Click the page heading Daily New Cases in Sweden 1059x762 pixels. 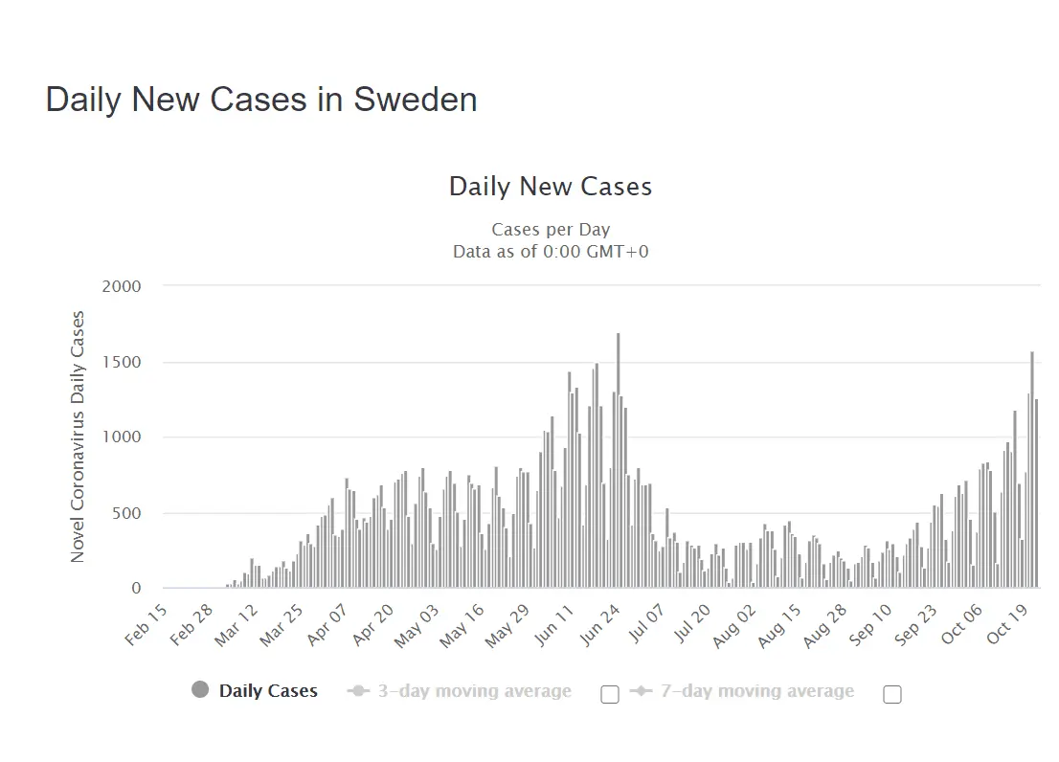(261, 100)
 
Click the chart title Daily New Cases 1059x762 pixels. (551, 186)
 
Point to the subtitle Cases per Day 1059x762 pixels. (551, 230)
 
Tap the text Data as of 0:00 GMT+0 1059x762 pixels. (551, 251)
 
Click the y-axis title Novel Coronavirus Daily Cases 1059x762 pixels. (78, 437)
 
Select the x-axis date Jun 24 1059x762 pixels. (603, 624)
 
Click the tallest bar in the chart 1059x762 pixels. (619, 459)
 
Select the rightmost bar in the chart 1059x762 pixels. (1036, 493)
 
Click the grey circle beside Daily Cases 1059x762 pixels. (200, 690)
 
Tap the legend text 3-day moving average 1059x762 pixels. (474, 691)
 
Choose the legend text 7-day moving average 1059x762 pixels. (757, 691)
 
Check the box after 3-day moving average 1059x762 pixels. (609, 695)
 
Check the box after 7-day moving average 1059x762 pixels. (892, 695)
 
